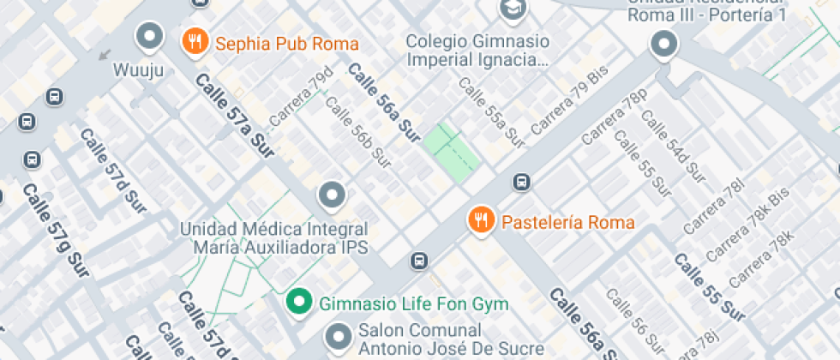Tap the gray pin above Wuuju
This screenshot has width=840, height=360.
pos(151,36)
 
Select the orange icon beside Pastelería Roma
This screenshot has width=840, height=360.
pos(481,220)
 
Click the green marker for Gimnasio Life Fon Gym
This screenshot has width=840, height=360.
pos(298,302)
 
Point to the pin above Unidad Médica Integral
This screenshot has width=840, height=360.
pos(332,196)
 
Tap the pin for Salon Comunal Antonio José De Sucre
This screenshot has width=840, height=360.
pos(340,337)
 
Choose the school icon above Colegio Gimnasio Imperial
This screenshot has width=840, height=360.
pos(513,9)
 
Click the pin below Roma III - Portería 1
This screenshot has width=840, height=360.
pos(663,44)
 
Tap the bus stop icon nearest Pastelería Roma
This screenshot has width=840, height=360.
pos(520,182)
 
